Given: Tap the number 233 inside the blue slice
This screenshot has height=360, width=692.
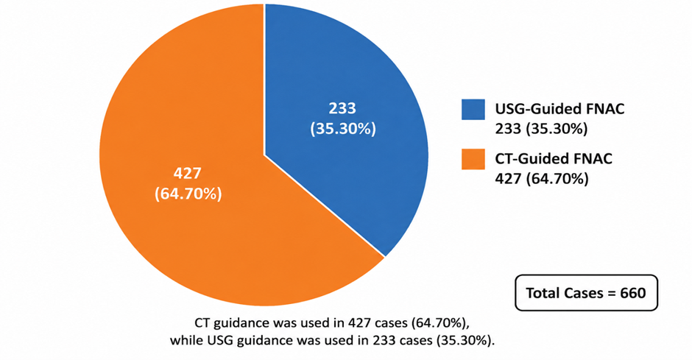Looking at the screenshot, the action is click(342, 108).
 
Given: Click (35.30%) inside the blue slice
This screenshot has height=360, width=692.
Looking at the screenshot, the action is click(343, 129).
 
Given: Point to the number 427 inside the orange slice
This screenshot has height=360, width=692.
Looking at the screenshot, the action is click(188, 174).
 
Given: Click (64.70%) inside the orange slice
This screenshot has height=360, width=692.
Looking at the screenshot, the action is click(188, 194).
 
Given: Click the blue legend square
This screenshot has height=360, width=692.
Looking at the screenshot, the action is click(473, 109).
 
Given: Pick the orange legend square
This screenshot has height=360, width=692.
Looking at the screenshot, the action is click(473, 159).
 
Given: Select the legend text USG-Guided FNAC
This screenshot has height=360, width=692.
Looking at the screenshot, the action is click(559, 108).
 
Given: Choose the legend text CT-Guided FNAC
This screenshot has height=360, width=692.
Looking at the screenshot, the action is click(554, 158).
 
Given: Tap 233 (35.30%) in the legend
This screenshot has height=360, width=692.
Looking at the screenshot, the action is click(541, 129).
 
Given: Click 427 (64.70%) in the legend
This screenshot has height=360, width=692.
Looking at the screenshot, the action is click(542, 179).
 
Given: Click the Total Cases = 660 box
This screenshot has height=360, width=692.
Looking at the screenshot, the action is click(586, 293).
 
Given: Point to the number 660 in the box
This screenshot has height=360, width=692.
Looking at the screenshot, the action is click(633, 293).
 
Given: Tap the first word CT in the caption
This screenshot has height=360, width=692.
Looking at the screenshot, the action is click(202, 323).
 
